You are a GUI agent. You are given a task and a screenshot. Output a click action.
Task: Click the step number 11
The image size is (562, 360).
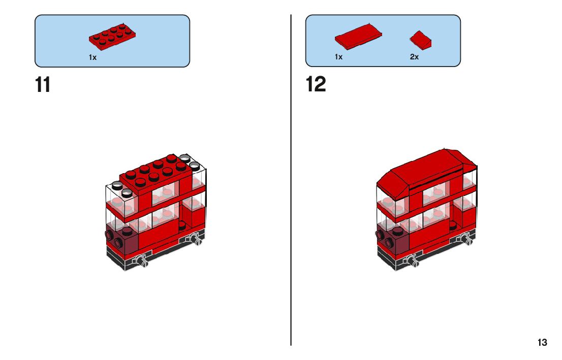[43, 85]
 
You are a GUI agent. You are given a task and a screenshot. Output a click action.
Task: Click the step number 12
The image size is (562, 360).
[316, 84]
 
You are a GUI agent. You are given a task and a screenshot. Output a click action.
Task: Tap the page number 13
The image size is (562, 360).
[542, 342]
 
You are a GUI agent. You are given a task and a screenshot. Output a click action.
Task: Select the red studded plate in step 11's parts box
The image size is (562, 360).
[112, 36]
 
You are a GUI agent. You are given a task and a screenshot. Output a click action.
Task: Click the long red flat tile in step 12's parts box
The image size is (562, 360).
[358, 37]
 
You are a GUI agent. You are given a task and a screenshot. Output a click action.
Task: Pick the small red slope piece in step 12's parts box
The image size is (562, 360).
[421, 40]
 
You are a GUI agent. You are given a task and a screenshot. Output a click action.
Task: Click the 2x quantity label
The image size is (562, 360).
[414, 57]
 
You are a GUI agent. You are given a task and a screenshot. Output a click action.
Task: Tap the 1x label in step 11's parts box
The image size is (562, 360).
[92, 57]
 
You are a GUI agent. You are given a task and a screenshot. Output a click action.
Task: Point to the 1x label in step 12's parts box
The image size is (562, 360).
[339, 57]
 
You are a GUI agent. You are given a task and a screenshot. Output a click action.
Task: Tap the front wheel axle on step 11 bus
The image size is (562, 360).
[141, 261]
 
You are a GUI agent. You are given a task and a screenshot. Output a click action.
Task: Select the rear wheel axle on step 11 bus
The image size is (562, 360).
[195, 239]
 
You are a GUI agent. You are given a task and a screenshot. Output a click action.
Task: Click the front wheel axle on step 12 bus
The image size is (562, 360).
[412, 260]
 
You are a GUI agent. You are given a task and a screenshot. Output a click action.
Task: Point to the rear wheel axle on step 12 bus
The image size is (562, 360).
[465, 239]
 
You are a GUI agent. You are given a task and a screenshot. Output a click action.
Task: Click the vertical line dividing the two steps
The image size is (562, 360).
[291, 180]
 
